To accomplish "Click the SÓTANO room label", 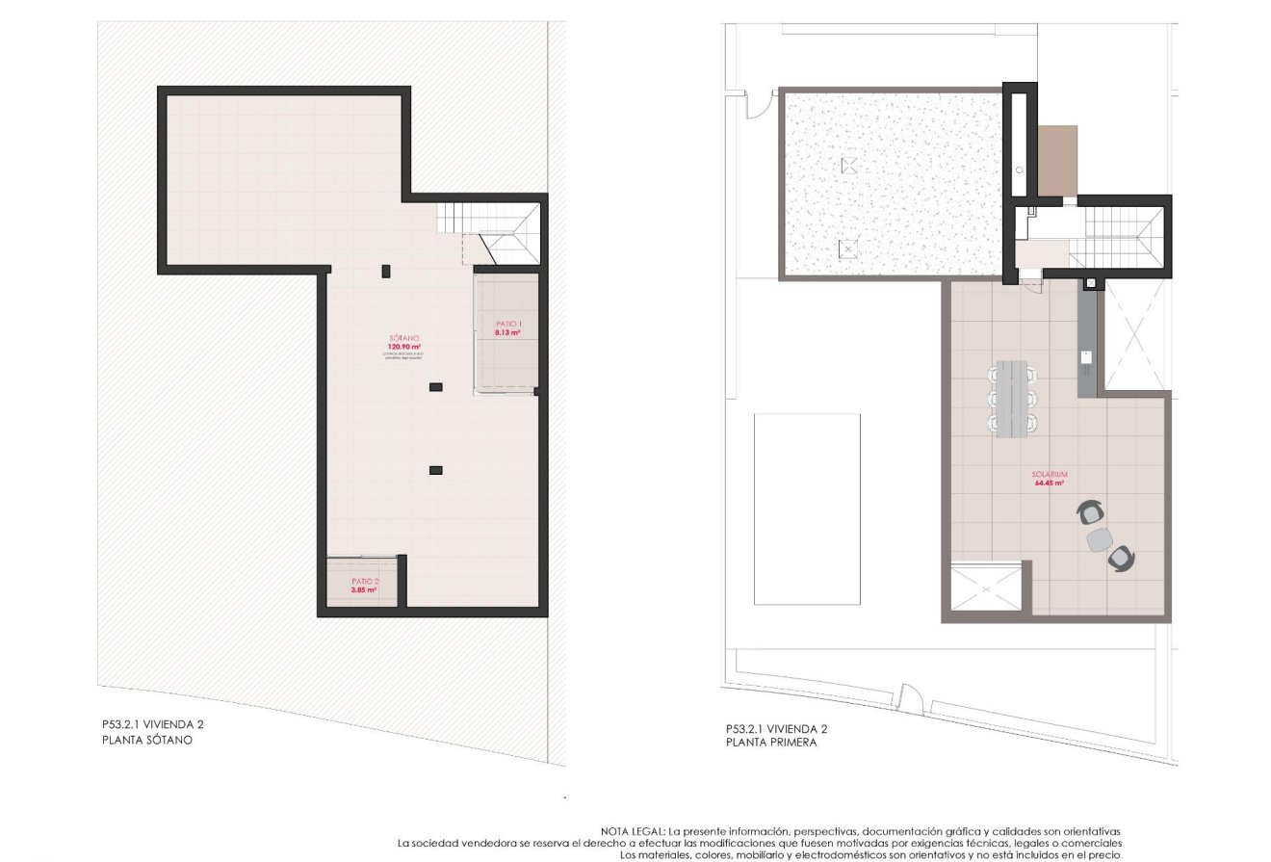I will [x=404, y=338].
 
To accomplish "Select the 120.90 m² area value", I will [x=404, y=347].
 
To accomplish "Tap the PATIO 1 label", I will [x=507, y=324].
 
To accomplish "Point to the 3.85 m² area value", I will [x=363, y=590].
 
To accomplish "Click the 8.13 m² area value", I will [x=507, y=332].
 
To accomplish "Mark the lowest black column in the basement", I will [x=435, y=470].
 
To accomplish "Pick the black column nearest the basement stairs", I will [x=386, y=271].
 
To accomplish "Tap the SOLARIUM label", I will [x=1049, y=475].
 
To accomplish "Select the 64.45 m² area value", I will [x=1049, y=483].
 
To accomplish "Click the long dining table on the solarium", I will [x=1011, y=398].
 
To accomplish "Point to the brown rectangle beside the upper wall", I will [x=1057, y=160].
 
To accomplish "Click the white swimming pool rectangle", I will [x=806, y=509].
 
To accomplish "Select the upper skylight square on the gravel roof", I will [x=848, y=166].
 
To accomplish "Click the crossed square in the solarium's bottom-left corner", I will [x=984, y=587].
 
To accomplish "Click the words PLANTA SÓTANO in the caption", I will [x=147, y=741].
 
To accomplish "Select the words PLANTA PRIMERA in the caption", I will [x=771, y=743].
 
